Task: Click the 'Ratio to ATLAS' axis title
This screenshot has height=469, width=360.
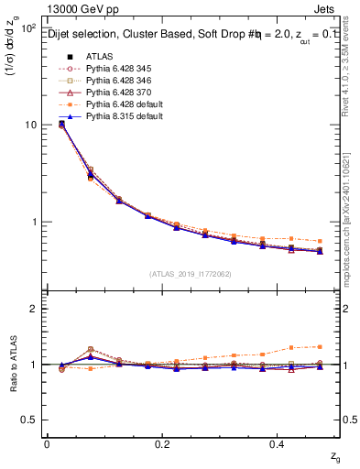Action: [12, 364]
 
